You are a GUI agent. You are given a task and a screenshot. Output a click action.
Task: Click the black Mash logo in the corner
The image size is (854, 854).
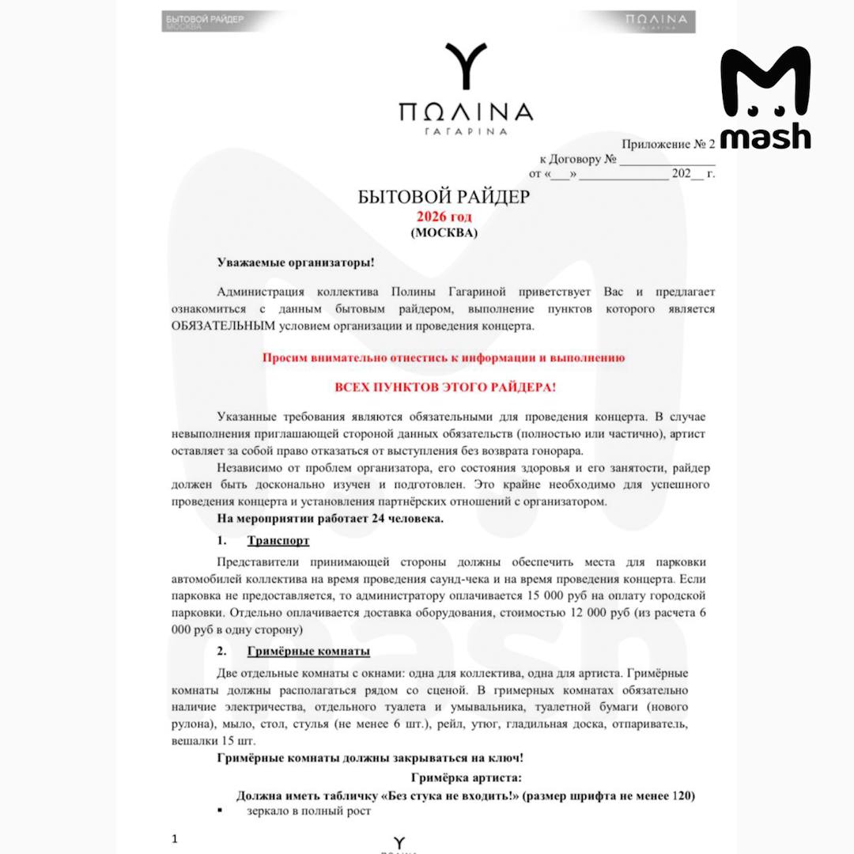(765, 98)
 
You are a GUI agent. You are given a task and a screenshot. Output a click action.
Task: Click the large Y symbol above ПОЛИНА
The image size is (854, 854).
(465, 68)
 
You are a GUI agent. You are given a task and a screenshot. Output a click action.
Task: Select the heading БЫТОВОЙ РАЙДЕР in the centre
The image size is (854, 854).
(444, 197)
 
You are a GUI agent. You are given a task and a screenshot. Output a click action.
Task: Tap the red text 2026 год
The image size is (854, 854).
(444, 217)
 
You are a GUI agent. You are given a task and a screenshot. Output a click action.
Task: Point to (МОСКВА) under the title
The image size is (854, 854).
(444, 233)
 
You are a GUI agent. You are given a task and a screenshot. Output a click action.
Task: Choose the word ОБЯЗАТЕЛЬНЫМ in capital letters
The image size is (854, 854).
(223, 326)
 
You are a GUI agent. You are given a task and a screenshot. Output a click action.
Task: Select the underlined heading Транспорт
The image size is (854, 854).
(278, 541)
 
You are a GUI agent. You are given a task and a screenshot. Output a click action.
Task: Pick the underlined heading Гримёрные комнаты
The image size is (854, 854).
(308, 651)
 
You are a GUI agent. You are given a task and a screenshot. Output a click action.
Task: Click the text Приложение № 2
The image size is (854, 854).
(668, 144)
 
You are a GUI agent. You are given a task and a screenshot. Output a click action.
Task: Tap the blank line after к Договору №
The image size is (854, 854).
(667, 159)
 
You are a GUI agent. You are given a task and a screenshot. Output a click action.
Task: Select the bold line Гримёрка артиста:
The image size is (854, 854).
(466, 778)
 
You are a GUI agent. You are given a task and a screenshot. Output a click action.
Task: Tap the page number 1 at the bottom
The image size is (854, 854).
(175, 838)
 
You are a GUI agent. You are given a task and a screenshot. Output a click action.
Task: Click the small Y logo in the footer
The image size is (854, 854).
(399, 841)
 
